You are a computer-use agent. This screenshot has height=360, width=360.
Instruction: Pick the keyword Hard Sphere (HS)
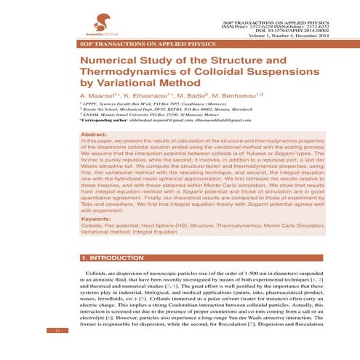tap(160, 225)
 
